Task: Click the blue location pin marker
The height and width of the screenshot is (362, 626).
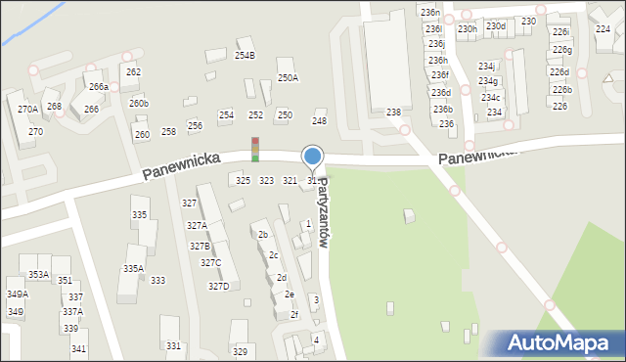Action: click(313, 157)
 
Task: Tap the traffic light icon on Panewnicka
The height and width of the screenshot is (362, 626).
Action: click(255, 149)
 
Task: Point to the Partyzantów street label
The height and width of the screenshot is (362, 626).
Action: click(324, 216)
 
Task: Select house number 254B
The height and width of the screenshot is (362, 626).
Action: click(245, 56)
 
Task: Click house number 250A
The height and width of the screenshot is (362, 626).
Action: click(288, 77)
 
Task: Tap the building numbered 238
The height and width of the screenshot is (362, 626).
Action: click(393, 113)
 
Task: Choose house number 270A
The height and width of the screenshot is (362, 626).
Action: click(27, 110)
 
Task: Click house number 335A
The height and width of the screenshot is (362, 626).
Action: click(133, 268)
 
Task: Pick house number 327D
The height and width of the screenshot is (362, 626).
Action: click(217, 287)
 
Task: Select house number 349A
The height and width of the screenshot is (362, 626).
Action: click(17, 294)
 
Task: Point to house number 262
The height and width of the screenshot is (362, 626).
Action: click(133, 72)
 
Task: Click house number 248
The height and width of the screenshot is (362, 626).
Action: click(319, 120)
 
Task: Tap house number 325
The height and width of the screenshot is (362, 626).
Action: click(243, 181)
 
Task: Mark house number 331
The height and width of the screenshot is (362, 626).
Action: click(173, 346)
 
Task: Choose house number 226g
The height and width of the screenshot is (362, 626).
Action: click(561, 50)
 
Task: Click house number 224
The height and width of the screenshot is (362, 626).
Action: click(603, 29)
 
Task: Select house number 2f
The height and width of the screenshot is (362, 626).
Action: click(293, 315)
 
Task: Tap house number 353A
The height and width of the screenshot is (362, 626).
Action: click(38, 275)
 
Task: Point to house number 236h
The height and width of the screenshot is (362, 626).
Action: click(438, 61)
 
